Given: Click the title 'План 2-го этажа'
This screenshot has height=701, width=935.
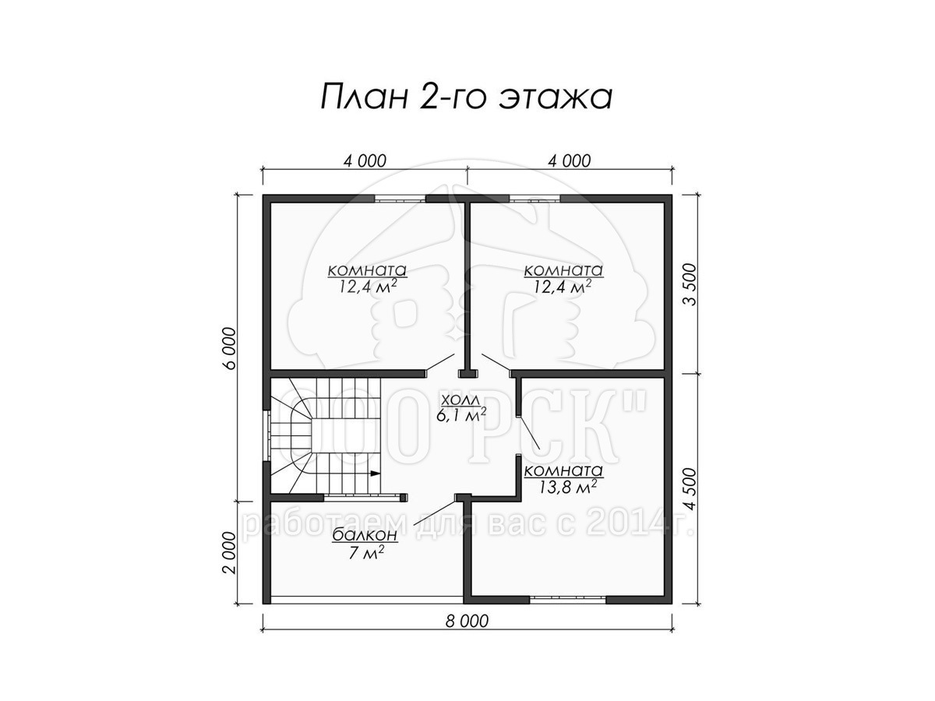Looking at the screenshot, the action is [466, 98].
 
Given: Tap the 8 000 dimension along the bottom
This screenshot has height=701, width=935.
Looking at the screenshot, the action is [467, 622].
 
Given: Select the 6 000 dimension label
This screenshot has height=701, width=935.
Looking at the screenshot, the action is [229, 348].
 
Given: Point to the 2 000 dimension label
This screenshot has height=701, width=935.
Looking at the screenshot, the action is [229, 552].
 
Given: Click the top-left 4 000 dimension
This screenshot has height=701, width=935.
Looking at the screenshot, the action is [365, 161].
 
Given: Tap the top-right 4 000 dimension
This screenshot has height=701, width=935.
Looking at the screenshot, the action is [569, 161].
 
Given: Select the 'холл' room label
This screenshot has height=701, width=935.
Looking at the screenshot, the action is [460, 400].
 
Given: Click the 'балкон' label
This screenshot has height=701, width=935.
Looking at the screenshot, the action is [365, 534].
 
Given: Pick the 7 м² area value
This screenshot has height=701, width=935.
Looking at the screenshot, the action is [365, 552].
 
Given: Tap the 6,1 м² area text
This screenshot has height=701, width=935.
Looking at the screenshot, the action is [461, 415].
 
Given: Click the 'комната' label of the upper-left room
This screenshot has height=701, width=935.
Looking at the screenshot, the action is [367, 270].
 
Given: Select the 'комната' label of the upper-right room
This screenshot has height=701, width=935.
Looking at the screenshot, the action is [563, 270].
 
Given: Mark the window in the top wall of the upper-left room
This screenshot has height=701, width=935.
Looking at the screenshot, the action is [400, 199].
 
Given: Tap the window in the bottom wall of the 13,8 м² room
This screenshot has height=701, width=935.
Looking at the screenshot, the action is [567, 599].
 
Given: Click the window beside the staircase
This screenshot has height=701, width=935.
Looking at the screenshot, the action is [266, 435].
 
